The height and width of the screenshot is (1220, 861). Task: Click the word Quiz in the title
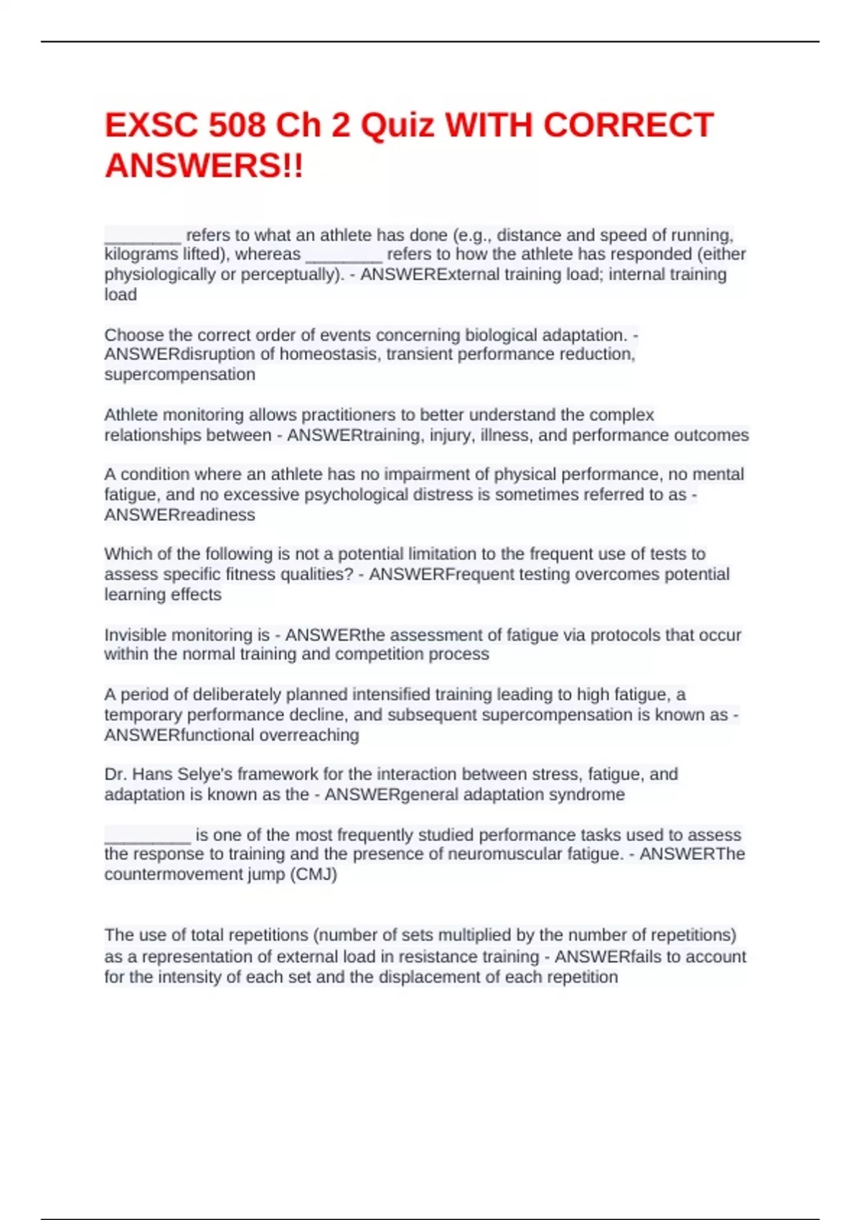click(x=397, y=126)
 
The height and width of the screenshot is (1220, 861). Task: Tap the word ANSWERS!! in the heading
click(x=204, y=166)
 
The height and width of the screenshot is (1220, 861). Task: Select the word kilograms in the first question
click(x=141, y=254)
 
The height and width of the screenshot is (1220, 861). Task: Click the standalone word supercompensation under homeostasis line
click(x=179, y=375)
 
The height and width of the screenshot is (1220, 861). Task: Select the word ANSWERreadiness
click(x=179, y=515)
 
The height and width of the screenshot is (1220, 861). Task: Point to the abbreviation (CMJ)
click(x=313, y=874)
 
